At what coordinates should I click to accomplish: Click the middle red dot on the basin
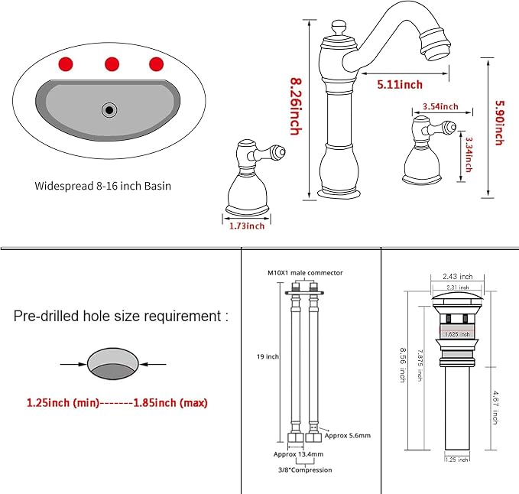[x=112, y=64]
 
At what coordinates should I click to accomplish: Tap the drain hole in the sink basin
[x=109, y=110]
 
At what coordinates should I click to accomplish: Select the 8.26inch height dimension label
[x=296, y=106]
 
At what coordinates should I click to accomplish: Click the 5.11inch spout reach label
[x=400, y=84]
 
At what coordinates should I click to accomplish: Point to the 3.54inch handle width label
[x=440, y=106]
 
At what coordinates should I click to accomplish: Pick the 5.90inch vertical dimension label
[x=499, y=122]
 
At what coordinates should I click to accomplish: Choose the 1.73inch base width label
[x=247, y=226]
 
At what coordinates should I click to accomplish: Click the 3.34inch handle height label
[x=469, y=154]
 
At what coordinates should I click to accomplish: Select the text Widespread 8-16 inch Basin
[x=103, y=186]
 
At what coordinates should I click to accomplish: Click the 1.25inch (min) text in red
[x=63, y=402]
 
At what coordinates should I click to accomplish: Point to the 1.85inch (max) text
[x=170, y=402]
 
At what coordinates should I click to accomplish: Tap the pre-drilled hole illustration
[x=112, y=363]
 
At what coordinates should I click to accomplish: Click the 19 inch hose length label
[x=268, y=356]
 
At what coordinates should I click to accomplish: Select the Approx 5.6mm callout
[x=348, y=435]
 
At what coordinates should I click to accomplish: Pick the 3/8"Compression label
[x=305, y=470]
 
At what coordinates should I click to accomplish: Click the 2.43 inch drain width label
[x=458, y=276]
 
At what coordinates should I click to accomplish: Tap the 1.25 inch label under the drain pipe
[x=457, y=460]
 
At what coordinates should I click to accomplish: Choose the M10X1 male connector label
[x=305, y=273]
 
